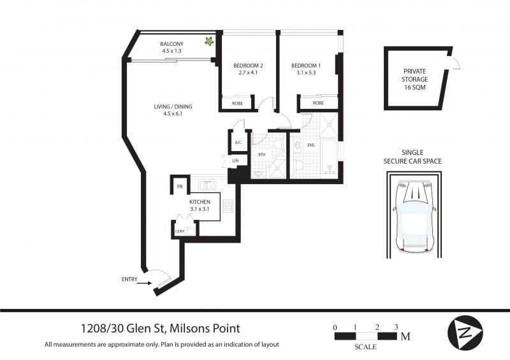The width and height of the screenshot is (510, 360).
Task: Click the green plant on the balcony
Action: point(209,41)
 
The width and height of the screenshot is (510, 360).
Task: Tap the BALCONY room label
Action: point(171,44)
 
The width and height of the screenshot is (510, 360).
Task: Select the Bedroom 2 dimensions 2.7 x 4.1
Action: point(248,73)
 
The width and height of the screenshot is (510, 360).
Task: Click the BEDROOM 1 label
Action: point(306,66)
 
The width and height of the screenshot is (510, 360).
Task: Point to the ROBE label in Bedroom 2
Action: point(237,103)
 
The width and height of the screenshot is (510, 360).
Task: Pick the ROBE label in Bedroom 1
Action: point(318,103)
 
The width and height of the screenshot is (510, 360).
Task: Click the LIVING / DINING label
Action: point(173,106)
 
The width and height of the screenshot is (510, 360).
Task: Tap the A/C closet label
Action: point(238,143)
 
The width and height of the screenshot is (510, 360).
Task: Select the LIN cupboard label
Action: point(235,161)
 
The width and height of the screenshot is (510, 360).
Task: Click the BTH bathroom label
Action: point(261,154)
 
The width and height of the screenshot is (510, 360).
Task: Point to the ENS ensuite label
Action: point(310,145)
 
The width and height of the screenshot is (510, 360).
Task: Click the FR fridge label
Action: point(180,187)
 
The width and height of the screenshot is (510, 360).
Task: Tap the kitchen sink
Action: point(207,185)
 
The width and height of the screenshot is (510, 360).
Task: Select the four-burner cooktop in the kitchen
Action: point(228,206)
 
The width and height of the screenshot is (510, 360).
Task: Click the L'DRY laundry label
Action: point(180,231)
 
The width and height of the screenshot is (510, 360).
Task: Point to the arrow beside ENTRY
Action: point(144,284)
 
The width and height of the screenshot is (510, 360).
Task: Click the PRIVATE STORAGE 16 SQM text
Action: point(414,79)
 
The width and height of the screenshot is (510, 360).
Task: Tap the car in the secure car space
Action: point(414,217)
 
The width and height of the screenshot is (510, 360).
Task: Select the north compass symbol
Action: point(465,333)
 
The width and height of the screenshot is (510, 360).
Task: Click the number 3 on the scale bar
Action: point(396,327)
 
